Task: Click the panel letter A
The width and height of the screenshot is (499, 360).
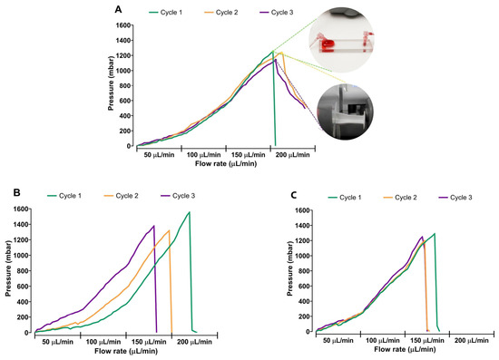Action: click(118, 10)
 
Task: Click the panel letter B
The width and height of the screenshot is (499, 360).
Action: click(17, 192)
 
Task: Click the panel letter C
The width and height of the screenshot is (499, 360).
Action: click(294, 195)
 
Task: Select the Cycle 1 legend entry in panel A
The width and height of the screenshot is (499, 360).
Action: click(165, 13)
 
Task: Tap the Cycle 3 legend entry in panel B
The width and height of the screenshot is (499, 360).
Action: click(178, 196)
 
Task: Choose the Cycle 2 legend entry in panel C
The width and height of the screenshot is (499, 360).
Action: click(400, 198)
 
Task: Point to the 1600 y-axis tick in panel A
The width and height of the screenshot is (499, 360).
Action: click(123, 25)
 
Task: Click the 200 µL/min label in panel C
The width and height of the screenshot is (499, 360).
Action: click(471, 341)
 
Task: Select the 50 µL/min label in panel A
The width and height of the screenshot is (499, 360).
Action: click(159, 155)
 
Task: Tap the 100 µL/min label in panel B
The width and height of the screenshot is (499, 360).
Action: click(103, 342)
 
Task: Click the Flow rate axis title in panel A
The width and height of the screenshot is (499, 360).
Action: click(226, 163)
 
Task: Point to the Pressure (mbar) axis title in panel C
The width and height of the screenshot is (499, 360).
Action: click(289, 268)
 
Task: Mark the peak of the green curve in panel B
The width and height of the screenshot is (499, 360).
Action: click(190, 212)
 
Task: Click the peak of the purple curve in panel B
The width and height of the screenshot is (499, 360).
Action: click(154, 226)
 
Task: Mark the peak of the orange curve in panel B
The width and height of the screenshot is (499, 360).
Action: click(169, 230)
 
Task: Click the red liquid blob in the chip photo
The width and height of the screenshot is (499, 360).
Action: click(328, 45)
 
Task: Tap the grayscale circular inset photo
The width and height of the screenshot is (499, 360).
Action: click(345, 112)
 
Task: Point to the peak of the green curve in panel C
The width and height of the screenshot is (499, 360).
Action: click(435, 233)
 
